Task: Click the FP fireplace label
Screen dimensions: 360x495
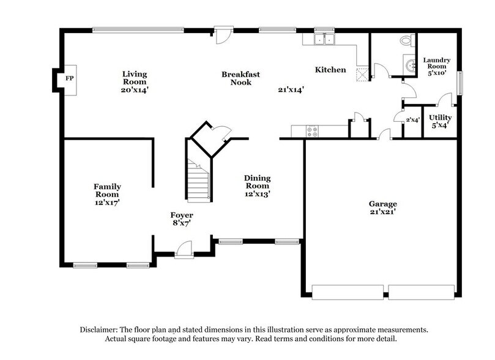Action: (x=68, y=79)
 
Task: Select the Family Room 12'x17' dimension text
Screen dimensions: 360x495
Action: (x=107, y=203)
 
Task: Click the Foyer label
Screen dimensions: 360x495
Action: (x=182, y=216)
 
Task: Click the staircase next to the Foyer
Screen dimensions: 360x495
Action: (x=198, y=181)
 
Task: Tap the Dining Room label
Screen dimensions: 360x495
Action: (x=258, y=182)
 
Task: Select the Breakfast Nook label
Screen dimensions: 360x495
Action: (x=240, y=78)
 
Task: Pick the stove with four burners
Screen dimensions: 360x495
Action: (x=312, y=130)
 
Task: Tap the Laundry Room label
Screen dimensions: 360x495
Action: (x=437, y=63)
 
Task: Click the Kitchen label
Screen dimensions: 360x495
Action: (x=330, y=70)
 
